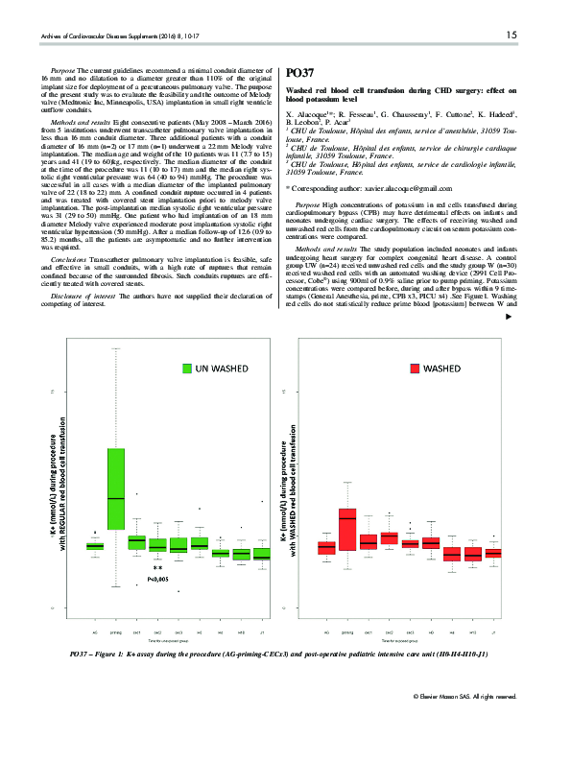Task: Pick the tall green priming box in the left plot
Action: [116, 488]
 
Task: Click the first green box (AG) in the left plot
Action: [95, 546]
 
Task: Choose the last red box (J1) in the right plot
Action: [493, 554]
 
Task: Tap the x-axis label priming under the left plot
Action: [116, 634]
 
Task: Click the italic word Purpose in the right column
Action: [309, 206]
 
